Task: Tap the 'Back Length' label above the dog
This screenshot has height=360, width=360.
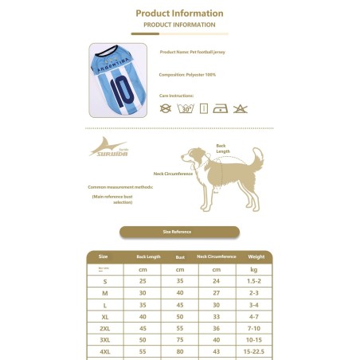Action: click(x=221, y=147)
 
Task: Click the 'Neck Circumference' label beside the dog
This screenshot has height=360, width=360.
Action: click(x=173, y=172)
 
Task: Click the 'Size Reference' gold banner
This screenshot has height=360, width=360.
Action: click(x=179, y=232)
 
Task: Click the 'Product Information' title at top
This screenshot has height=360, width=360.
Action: click(x=179, y=14)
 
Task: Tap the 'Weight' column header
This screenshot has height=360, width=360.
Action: click(x=256, y=256)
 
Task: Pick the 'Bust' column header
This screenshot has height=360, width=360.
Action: click(x=180, y=256)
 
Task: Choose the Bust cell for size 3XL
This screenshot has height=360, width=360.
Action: click(x=180, y=339)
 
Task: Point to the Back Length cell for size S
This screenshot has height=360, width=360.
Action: click(x=143, y=281)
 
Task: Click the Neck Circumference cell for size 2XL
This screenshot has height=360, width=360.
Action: click(x=217, y=328)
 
